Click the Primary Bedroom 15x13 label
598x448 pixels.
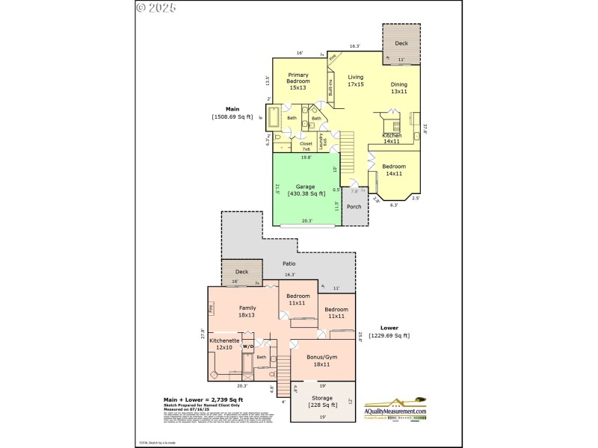tap(298, 81)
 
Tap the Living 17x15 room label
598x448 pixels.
tap(355, 81)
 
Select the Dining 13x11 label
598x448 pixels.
tap(399, 88)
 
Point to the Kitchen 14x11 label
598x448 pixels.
tap(392, 138)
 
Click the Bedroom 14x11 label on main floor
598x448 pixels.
tap(393, 169)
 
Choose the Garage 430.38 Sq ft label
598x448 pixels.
tap(306, 190)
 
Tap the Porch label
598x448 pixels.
tap(354, 207)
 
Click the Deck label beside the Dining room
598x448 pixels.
tap(401, 43)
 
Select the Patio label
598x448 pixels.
tap(289, 264)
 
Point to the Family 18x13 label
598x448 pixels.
tap(247, 311)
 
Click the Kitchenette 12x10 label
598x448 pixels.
tap(224, 343)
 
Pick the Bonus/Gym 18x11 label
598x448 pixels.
tap(322, 360)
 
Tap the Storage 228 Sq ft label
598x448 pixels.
tap(321, 402)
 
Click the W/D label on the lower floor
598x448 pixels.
tap(247, 346)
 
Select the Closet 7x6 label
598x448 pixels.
tap(306, 146)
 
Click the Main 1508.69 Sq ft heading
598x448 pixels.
tap(232, 113)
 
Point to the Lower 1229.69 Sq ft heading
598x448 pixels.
tap(389, 332)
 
